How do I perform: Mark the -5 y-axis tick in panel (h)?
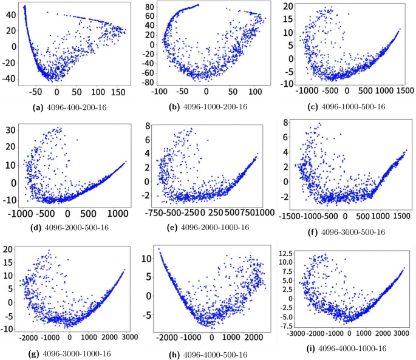coord(144,316)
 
